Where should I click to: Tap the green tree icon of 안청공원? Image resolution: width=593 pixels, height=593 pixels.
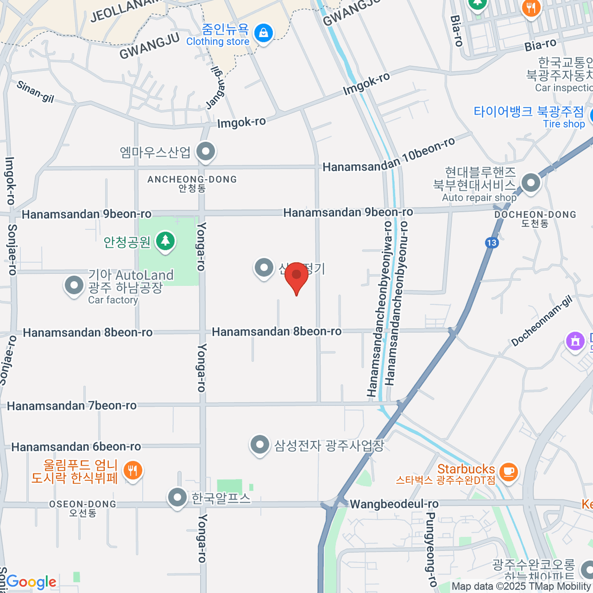click(166, 241)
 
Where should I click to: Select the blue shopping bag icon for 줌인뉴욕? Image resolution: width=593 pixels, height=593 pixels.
click(263, 34)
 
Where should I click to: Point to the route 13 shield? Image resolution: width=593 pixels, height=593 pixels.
click(491, 242)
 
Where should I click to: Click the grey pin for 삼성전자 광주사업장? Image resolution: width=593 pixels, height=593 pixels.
click(260, 445)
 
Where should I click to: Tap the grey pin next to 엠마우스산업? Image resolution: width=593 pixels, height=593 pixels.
click(206, 152)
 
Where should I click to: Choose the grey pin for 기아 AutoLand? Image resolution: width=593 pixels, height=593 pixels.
click(74, 285)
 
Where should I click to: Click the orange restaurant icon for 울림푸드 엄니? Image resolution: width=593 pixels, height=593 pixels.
click(132, 470)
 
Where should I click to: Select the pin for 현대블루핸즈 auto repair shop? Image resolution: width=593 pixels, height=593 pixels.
click(531, 183)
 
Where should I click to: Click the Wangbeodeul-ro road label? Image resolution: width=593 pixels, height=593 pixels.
click(394, 505)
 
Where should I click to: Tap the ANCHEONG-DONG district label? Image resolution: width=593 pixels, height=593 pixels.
click(192, 179)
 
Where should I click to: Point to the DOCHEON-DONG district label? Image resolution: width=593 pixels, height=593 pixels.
click(535, 215)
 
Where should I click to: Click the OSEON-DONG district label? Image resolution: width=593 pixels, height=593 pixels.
click(83, 505)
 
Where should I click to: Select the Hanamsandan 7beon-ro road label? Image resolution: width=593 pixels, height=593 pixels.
click(72, 406)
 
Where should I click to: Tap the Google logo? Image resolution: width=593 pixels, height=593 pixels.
click(32, 582)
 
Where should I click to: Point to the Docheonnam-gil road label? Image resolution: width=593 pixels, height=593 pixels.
click(542, 322)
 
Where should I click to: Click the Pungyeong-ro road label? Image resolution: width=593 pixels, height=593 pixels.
click(430, 549)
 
